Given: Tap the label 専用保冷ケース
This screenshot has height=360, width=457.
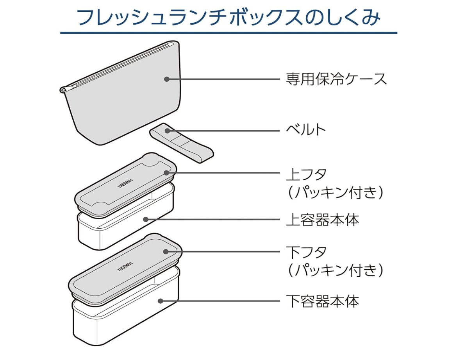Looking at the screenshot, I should coord(336,79).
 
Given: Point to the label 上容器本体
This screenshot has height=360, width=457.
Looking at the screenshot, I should coord(322,220).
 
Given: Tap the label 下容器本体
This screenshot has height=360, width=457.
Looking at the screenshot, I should coord(322,301).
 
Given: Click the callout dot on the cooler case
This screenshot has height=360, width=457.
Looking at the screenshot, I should coord(166,79).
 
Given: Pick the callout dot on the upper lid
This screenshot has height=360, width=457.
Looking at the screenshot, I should coord(167,172).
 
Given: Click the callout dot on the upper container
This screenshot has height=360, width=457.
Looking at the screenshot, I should coord(145,219).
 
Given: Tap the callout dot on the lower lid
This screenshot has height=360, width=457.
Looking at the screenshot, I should coord(166,252).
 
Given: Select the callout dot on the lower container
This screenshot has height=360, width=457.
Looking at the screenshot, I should coord(160,301).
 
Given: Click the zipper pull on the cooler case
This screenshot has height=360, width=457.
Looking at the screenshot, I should coord(63,90).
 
